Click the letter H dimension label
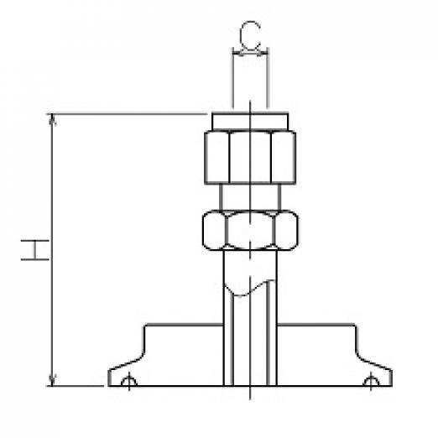click(35, 250)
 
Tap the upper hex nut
click(250, 157)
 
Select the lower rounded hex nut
click(250, 230)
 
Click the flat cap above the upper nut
click(250, 122)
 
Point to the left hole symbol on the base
click(129, 382)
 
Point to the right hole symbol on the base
click(371, 382)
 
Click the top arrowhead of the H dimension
click(52, 119)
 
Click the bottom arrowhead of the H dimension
click(52, 380)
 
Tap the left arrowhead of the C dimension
click(237, 52)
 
